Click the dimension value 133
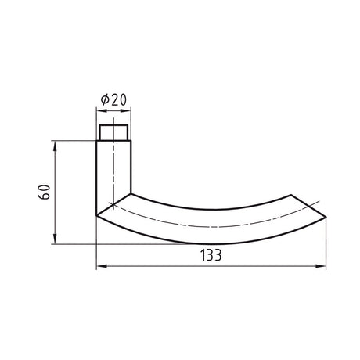tap(211, 255)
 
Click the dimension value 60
tap(44, 192)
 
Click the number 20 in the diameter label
tap(119, 99)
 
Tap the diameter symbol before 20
tap(105, 99)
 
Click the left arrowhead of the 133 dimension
tap(102, 266)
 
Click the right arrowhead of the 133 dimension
tap(321, 266)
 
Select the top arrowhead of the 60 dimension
tap(55, 146)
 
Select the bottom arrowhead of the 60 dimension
tap(55, 239)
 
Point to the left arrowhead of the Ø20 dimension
tap(102, 110)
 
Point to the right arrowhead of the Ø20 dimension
tap(125, 110)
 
